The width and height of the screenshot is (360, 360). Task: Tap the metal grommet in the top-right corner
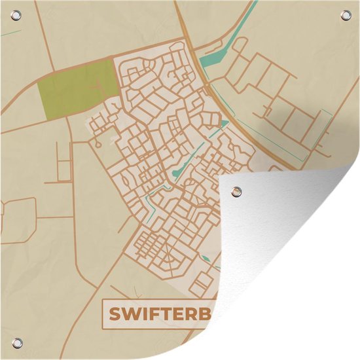tap(342, 17)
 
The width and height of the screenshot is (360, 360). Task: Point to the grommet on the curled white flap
tap(237, 191)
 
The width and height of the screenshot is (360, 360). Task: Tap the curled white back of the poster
tap(295, 262)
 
